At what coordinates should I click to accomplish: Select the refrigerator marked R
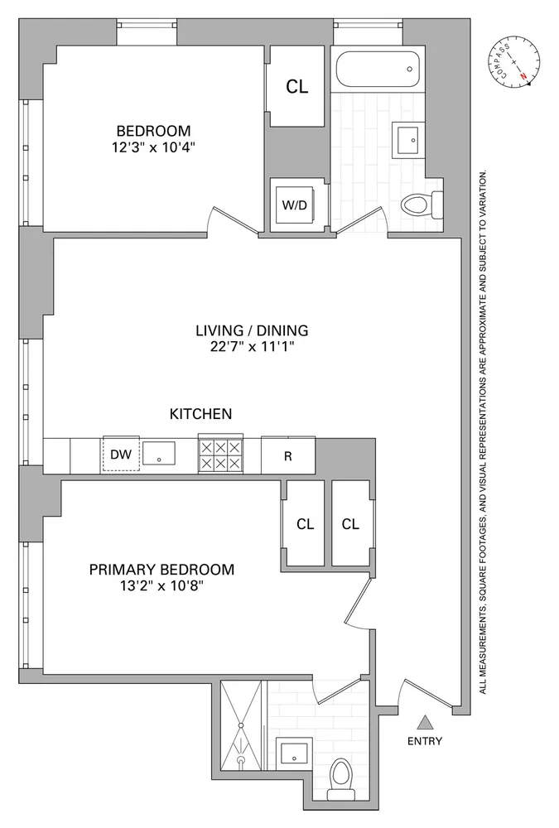[288, 455]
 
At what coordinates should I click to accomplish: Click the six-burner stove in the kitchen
[221, 455]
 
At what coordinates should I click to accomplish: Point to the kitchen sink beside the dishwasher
[159, 455]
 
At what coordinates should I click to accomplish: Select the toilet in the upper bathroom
[422, 203]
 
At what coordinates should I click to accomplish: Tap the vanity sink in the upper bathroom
[410, 141]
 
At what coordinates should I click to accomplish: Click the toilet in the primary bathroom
[340, 779]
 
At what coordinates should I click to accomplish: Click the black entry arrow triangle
[424, 722]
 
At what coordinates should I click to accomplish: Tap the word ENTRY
[425, 742]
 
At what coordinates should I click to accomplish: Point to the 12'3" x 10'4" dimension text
[153, 149]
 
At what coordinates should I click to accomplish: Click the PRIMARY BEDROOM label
[161, 570]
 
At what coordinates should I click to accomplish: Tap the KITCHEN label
[200, 414]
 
